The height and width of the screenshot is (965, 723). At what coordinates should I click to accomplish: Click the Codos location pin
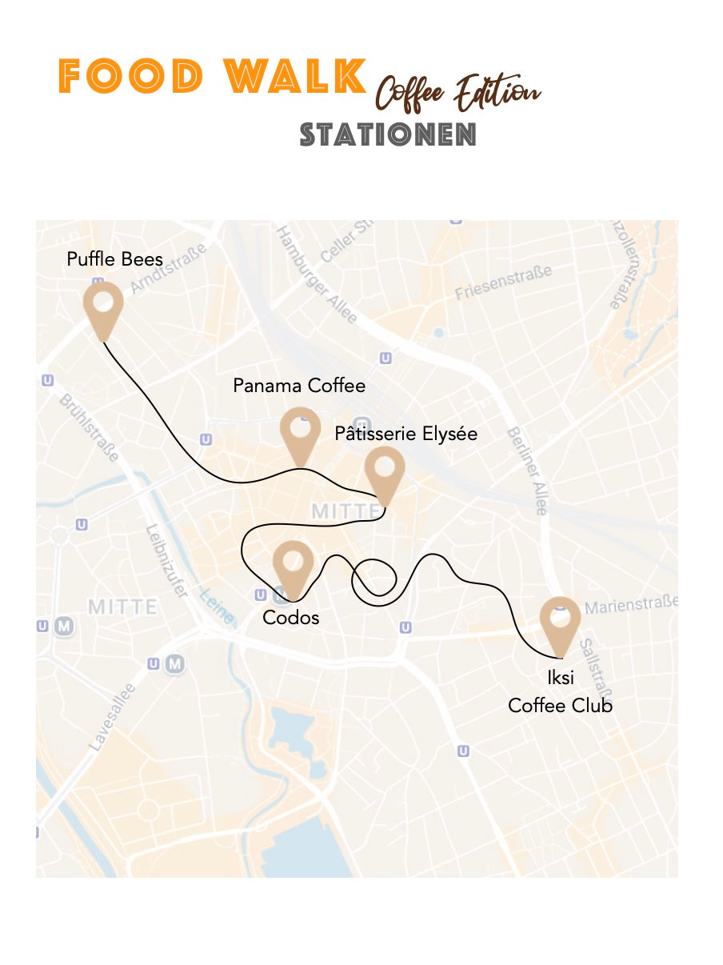coord(293,565)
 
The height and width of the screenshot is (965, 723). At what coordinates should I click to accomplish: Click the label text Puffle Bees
coord(114,259)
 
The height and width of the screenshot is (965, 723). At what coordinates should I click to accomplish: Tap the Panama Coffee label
coord(299,386)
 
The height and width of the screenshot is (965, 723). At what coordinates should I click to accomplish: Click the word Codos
coord(291,618)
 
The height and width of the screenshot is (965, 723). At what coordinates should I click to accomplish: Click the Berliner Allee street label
coord(527,470)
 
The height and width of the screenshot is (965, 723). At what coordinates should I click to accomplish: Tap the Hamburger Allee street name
coord(316,274)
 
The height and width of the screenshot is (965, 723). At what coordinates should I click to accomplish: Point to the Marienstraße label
coord(631,605)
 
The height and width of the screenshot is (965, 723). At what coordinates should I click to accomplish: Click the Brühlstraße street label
coord(90,426)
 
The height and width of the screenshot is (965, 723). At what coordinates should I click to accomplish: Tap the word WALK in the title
coord(295,77)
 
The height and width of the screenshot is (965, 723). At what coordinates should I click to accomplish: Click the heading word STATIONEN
coord(388,134)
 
